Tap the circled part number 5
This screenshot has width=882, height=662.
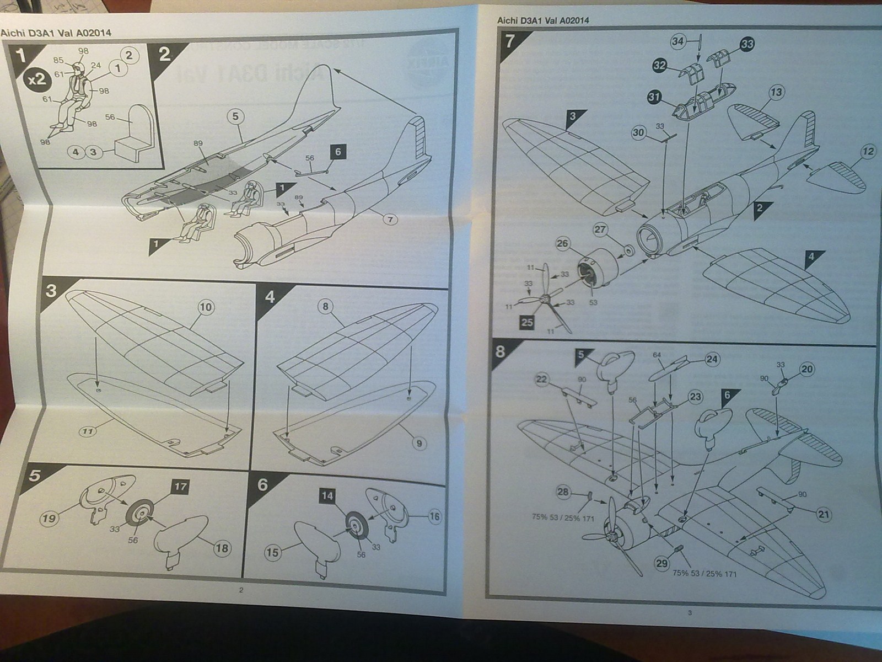click(x=235, y=116)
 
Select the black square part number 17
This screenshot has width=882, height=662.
click(x=180, y=487)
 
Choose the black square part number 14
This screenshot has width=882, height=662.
click(x=327, y=496)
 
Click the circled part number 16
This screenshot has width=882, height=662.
click(x=434, y=516)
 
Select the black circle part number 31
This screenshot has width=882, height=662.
click(x=654, y=97)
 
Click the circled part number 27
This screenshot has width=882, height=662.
click(x=600, y=230)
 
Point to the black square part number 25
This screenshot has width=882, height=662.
click(x=527, y=322)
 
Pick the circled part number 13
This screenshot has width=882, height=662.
click(x=776, y=92)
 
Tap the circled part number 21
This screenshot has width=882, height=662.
click(x=824, y=515)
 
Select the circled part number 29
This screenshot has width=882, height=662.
click(x=661, y=563)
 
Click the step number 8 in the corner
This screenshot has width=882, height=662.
click(x=500, y=351)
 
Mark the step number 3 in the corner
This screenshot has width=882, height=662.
click(x=51, y=291)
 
